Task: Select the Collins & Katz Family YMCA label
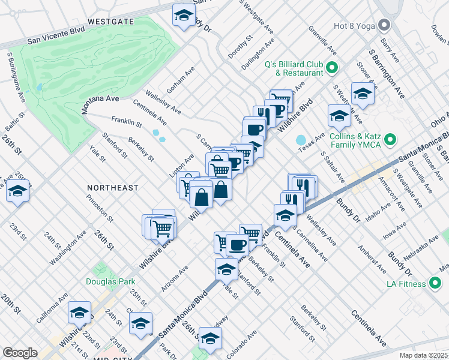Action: (x=355, y=140)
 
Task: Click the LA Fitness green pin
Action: (x=435, y=283)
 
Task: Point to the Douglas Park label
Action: (x=110, y=281)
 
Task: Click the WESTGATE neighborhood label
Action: (x=110, y=21)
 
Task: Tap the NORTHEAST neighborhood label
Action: (x=112, y=188)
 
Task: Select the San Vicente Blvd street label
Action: (x=56, y=37)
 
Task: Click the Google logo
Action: (x=20, y=353)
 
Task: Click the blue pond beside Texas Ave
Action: (x=301, y=140)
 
